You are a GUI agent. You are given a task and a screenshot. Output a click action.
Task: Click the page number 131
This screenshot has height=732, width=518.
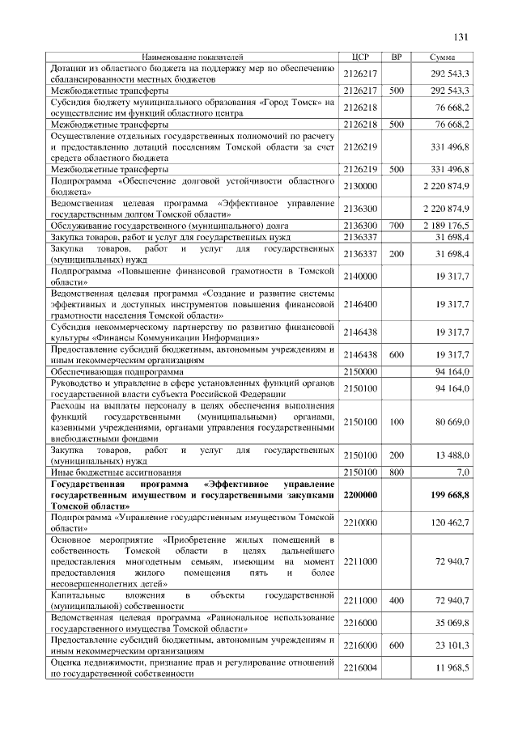(x=462, y=36)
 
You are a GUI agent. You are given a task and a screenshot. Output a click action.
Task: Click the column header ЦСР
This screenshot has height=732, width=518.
(x=361, y=57)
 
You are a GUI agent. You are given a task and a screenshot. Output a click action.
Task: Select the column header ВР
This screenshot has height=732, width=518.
(x=396, y=57)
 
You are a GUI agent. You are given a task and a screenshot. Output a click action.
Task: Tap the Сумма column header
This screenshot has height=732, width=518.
(x=442, y=57)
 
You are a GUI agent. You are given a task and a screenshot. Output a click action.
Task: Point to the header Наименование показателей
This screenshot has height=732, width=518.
(x=192, y=57)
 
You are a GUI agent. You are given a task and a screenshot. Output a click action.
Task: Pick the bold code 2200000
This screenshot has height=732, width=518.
(x=360, y=493)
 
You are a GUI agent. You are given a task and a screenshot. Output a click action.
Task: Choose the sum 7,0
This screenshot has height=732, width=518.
(x=462, y=471)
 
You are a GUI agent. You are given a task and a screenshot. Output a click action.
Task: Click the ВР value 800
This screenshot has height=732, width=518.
(x=396, y=471)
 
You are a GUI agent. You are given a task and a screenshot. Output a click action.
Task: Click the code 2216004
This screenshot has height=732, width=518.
(x=360, y=668)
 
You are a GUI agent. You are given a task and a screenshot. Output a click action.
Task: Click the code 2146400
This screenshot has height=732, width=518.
(x=360, y=304)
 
